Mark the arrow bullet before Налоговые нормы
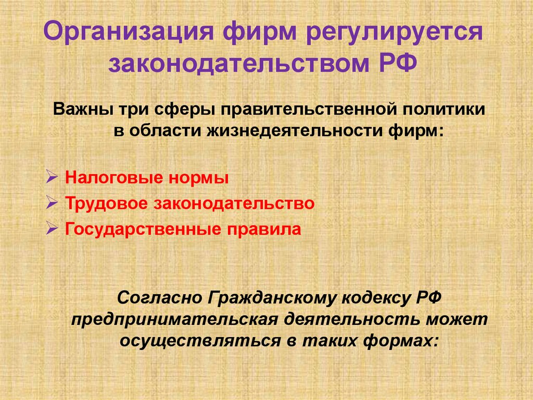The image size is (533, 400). (52, 177)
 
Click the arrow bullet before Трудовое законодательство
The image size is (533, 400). (52, 203)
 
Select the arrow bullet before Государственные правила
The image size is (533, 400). (52, 229)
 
